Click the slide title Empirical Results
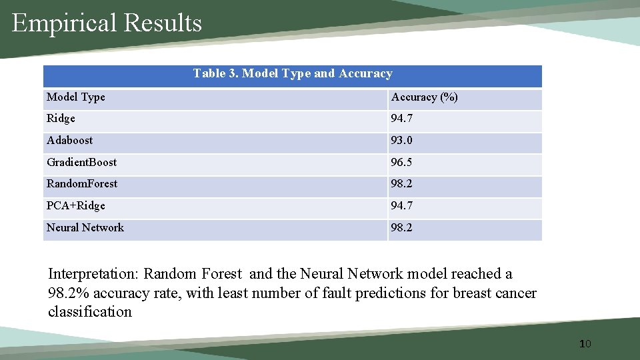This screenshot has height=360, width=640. click(107, 23)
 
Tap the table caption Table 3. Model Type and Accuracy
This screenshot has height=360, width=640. click(293, 73)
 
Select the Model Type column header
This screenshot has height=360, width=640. click(76, 97)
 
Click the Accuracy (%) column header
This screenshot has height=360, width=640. click(425, 97)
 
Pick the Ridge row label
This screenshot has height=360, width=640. click(61, 119)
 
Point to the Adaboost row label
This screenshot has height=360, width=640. click(70, 141)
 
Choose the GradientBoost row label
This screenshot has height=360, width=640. click(81, 163)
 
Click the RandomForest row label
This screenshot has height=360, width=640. click(82, 184)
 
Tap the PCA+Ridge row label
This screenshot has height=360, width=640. click(76, 206)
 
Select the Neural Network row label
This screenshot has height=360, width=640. click(85, 228)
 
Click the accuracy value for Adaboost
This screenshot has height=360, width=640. click(402, 141)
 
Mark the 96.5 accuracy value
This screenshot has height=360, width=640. click(402, 163)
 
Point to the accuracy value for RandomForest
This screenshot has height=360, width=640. click(402, 184)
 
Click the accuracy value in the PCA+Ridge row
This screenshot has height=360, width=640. click(402, 206)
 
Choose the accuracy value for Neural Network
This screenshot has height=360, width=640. click(402, 228)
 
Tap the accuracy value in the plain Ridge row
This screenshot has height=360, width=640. click(402, 119)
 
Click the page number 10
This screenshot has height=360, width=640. click(585, 344)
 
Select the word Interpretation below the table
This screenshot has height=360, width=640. click(93, 274)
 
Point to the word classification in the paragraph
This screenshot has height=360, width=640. click(90, 312)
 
